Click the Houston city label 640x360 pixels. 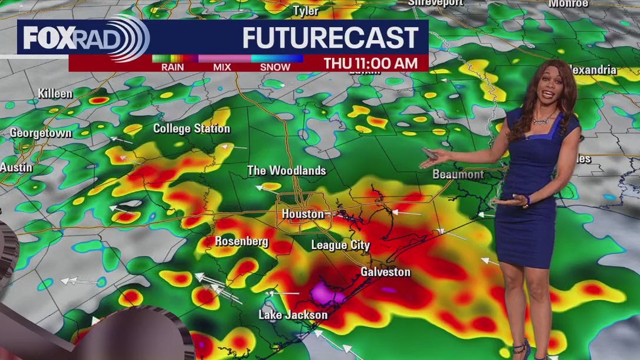click(303, 214)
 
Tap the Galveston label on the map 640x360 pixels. click(385, 272)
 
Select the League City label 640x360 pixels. click(340, 245)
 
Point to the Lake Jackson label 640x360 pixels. click(293, 315)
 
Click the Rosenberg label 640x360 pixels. click(241, 241)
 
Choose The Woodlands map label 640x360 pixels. click(286, 171)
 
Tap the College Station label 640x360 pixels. click(192, 128)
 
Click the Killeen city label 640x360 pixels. click(55, 93)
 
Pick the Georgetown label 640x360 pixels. click(41, 133)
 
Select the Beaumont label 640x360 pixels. click(458, 174)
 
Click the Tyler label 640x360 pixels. click(306, 11)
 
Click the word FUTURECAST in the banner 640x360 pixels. click(330, 38)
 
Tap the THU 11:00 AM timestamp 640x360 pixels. click(370, 63)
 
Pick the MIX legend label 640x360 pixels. click(222, 67)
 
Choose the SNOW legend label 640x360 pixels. click(275, 67)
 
